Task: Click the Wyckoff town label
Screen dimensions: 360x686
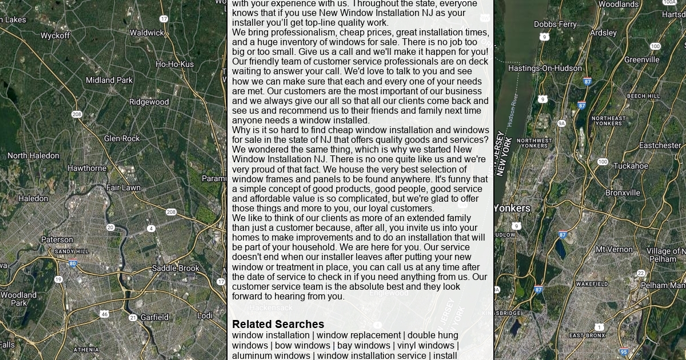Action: [x=55, y=35]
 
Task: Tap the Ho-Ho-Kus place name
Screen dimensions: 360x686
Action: [x=174, y=64]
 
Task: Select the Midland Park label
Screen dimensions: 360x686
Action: [x=109, y=80]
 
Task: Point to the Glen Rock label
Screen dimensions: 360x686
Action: [x=122, y=138]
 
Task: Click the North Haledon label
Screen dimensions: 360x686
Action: [x=33, y=155]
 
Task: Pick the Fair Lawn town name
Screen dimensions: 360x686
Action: [x=123, y=187]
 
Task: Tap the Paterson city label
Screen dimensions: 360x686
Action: [x=57, y=239]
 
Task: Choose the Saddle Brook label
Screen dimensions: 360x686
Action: [x=176, y=268]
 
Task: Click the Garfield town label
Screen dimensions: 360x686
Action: [x=154, y=317]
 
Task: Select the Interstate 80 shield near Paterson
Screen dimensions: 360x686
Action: [x=73, y=263]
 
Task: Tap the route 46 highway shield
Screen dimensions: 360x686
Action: [x=104, y=314]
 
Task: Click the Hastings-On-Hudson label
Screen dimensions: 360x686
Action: [x=545, y=68]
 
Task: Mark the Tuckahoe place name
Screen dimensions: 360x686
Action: [x=631, y=166]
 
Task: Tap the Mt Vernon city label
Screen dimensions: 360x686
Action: [x=614, y=249]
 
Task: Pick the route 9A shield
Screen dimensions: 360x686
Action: [x=561, y=123]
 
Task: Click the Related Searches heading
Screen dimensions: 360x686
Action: [x=278, y=324]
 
